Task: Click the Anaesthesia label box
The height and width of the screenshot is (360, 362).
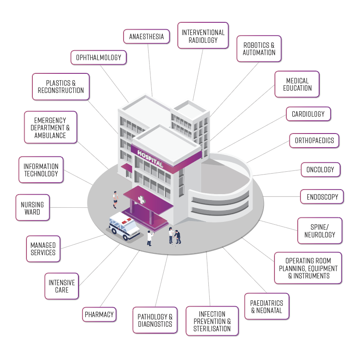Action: tap(146, 36)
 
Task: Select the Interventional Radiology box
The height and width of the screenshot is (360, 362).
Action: tap(203, 36)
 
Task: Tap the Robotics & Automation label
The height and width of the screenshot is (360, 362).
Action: tap(259, 49)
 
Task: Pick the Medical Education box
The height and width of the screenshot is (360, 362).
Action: tap(297, 84)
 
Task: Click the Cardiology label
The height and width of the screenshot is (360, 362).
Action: tap(308, 114)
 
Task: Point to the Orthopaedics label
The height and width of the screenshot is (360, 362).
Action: tap(314, 140)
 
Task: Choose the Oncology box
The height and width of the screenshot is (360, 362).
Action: tap(320, 170)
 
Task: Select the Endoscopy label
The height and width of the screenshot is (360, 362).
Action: tap(322, 197)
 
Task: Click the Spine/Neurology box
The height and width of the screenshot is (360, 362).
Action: tap(320, 231)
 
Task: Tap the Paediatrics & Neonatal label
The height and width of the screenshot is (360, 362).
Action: tap(267, 307)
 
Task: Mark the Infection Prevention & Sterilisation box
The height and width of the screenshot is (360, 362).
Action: tap(212, 321)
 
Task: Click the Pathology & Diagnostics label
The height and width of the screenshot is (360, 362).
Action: tap(155, 320)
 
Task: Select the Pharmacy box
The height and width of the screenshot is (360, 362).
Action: tap(99, 314)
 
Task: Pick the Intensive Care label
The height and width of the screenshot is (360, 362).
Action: tap(62, 286)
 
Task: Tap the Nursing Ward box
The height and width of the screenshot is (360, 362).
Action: tap(32, 208)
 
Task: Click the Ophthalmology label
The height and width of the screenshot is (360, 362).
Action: tap(98, 58)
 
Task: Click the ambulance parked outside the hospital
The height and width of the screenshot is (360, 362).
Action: tap(124, 225)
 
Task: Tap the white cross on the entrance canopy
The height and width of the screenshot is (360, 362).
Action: tap(142, 200)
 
